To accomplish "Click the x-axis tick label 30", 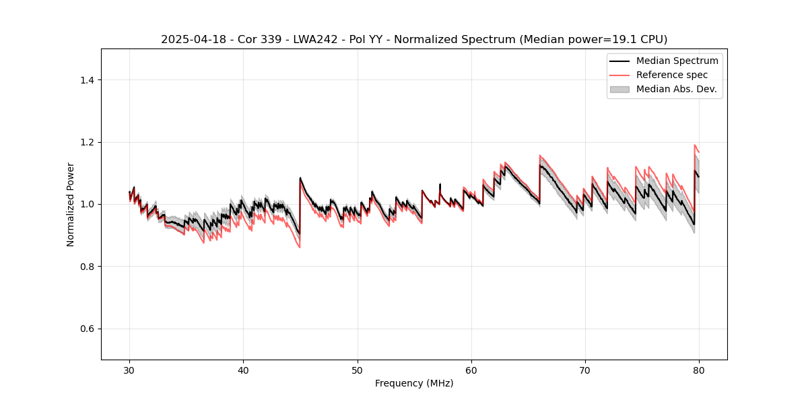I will (x=129, y=370).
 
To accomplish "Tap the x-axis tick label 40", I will (x=243, y=370).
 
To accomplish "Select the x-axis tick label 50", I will (x=357, y=370).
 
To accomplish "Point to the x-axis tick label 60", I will (x=471, y=370).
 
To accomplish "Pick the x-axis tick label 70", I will (x=585, y=370).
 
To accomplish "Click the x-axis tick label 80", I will (x=699, y=370).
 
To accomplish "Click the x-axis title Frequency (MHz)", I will (x=414, y=383).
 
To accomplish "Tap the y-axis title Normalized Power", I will (x=71, y=204).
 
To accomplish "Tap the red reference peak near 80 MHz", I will (x=694, y=145).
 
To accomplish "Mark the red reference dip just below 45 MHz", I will (x=300, y=247).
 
